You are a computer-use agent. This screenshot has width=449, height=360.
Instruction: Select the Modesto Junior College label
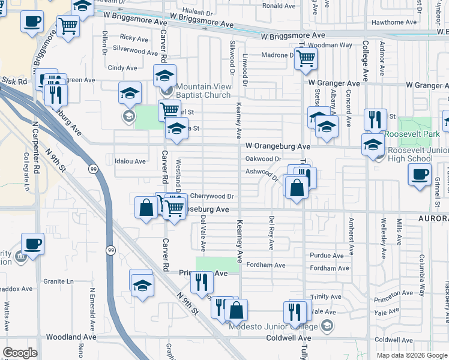pyautogui.click(x=274, y=326)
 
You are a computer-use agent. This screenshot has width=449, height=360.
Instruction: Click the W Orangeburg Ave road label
pyautogui.click(x=277, y=146)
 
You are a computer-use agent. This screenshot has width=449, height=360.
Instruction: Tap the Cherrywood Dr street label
pyautogui.click(x=211, y=196)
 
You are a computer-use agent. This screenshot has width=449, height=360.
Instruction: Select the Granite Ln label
pyautogui.click(x=58, y=281)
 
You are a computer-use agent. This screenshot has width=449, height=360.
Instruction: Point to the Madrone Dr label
pyautogui.click(x=277, y=55)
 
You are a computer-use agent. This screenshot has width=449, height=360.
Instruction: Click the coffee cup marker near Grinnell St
pyautogui.click(x=420, y=174)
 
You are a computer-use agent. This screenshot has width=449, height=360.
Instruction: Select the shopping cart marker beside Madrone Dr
pyautogui.click(x=306, y=59)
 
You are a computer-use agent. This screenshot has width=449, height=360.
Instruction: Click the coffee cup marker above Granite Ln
pyautogui.click(x=32, y=244)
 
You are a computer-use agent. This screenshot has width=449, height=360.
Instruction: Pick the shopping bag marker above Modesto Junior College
pyautogui.click(x=237, y=310)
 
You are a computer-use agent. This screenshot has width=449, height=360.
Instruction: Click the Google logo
pyautogui.click(x=20, y=353)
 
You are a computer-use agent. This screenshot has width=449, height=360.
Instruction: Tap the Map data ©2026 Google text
pyautogui.click(x=411, y=355)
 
